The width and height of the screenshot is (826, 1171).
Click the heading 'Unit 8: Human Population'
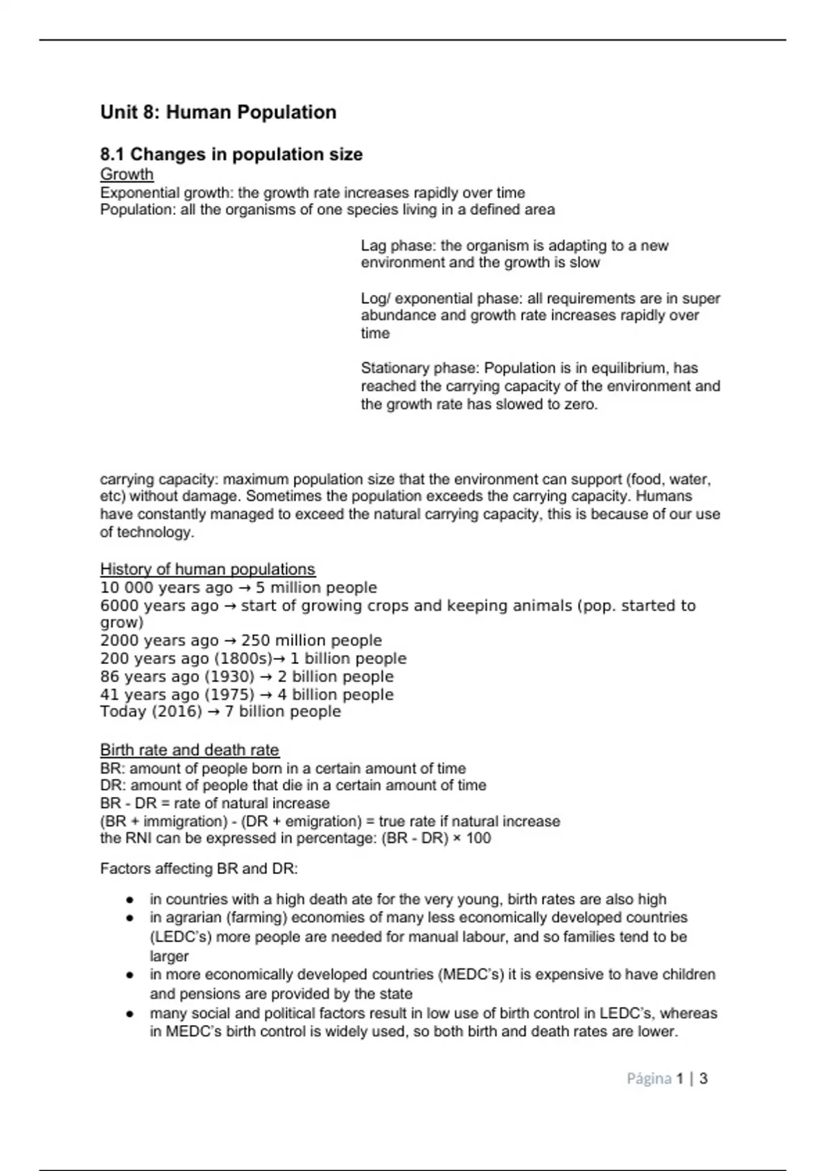coord(218,112)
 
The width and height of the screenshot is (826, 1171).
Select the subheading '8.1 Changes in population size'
coord(231,154)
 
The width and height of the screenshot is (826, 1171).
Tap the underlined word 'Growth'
coord(127,174)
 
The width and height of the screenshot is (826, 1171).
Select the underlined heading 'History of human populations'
coord(207,569)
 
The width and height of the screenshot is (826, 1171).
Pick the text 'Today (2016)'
coord(151,712)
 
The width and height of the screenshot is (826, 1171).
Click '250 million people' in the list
coord(311,641)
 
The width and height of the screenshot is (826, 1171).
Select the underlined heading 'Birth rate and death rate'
coord(189,750)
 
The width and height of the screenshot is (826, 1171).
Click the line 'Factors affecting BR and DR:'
coord(199,869)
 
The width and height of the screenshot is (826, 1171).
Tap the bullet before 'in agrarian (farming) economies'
coord(129,918)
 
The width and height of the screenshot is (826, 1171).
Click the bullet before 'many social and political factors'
coord(129,1014)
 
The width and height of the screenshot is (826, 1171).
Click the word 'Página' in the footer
coord(648,1079)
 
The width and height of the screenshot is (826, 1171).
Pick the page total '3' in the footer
coord(703,1079)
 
